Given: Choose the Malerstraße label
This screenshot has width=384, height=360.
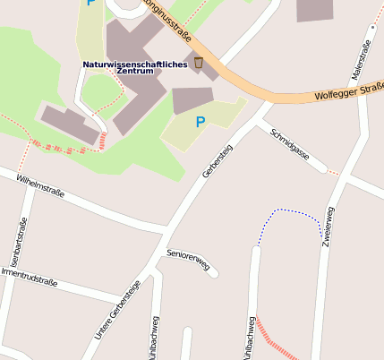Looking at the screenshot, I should (365, 64).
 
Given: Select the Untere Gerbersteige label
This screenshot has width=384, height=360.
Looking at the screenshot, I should (117, 311).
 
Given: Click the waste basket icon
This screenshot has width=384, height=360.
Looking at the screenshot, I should (199, 63).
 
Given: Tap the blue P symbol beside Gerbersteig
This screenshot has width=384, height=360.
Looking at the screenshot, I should (201, 122).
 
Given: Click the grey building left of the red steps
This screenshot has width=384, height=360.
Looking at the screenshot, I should (70, 125).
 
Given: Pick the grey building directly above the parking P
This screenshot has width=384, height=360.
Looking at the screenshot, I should (192, 99).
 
